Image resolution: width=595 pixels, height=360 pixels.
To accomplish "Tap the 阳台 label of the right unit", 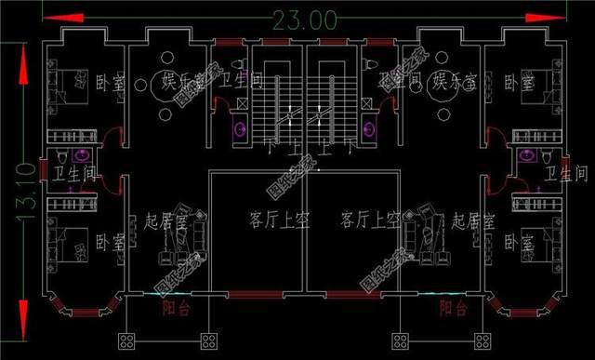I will [453, 308].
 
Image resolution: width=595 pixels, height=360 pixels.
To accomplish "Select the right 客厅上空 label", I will [369, 220].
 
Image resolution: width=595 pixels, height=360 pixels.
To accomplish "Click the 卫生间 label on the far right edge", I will [566, 174].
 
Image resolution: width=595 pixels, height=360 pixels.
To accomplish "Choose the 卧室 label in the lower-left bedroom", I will [110, 244].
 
